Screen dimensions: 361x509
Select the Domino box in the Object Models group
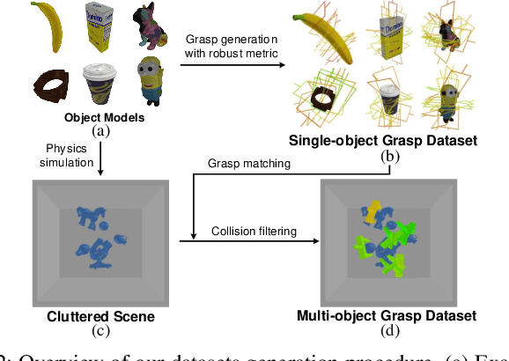click(98, 27)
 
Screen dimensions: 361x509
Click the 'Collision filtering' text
click(253, 231)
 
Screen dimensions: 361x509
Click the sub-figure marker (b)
click(387, 155)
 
